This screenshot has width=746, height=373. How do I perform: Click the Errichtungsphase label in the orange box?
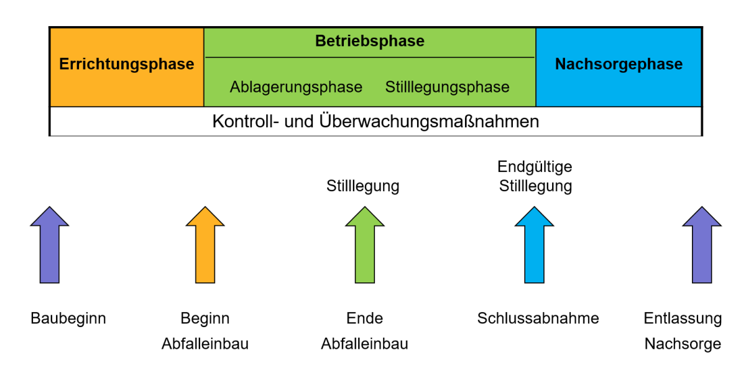[x=127, y=65]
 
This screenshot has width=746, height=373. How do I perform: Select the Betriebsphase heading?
[x=370, y=41]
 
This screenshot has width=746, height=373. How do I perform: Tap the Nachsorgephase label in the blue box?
[x=619, y=65]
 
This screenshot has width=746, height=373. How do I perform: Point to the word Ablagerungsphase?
[x=296, y=88]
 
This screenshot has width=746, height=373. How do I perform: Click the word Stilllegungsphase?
[x=447, y=88]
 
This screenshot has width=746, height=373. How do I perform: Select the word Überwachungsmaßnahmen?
[x=429, y=122]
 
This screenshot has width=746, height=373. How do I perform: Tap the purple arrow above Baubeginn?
[x=50, y=245]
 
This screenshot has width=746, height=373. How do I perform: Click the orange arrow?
[x=205, y=245]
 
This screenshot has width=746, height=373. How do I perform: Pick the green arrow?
[x=365, y=245]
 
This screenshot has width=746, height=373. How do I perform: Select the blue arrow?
[x=534, y=245]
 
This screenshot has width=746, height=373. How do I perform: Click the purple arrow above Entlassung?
[x=702, y=245]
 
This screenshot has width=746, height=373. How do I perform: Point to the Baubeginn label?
[x=68, y=318]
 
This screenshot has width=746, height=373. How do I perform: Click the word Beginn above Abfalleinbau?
[x=205, y=318]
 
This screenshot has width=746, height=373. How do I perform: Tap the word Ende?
[x=365, y=318]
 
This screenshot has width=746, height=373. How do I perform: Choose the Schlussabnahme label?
[x=538, y=318]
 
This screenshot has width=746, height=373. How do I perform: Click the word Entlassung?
[x=683, y=318]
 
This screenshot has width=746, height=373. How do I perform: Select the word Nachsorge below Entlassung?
[x=683, y=344]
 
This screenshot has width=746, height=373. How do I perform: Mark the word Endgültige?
[x=535, y=167]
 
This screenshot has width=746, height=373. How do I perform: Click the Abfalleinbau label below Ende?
[x=365, y=344]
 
